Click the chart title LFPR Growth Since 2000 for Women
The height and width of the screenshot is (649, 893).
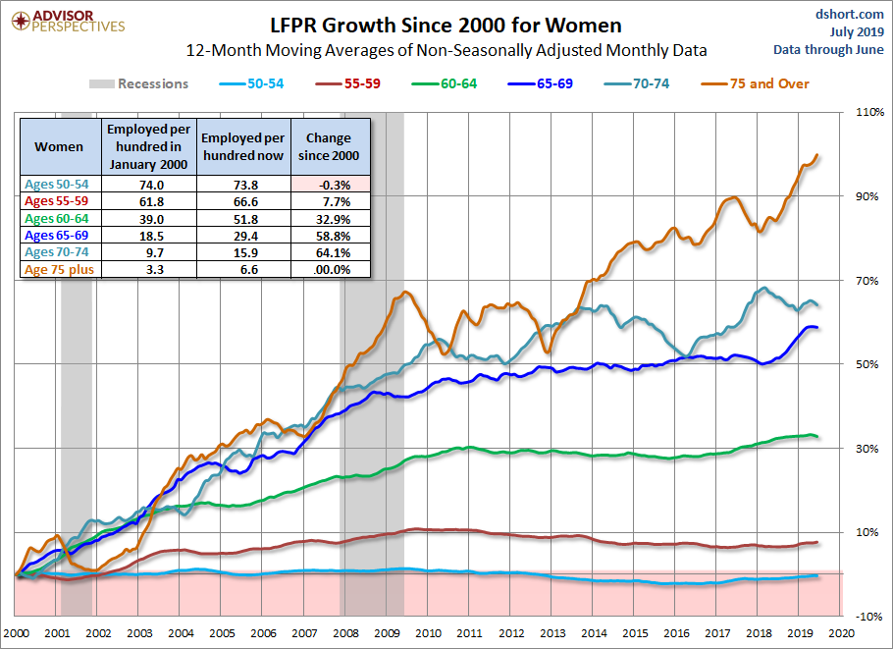(x=446, y=24)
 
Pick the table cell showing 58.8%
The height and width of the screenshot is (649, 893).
(x=332, y=235)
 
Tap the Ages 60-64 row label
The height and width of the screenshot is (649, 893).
(x=59, y=218)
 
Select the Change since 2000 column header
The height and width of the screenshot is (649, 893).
(x=332, y=146)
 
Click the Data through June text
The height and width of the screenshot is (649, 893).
(x=829, y=49)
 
